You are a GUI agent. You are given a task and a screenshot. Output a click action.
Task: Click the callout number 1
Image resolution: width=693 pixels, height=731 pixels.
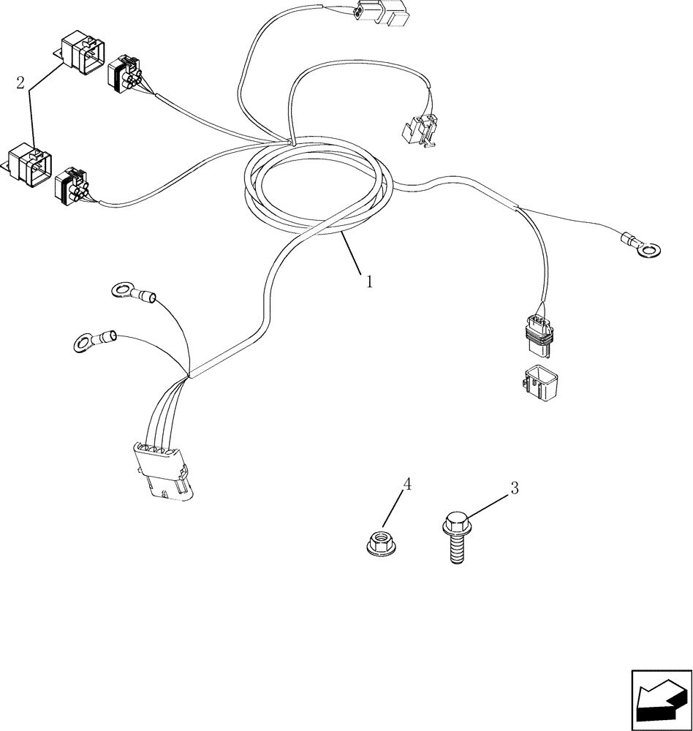pos(369,281)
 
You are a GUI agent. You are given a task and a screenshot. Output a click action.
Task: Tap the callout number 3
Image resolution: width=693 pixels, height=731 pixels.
pos(514,488)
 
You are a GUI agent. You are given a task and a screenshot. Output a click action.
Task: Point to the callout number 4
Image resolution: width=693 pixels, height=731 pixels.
pos(408,483)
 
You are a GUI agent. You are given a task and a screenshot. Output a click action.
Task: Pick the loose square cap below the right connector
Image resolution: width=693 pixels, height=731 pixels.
pos(542,382)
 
